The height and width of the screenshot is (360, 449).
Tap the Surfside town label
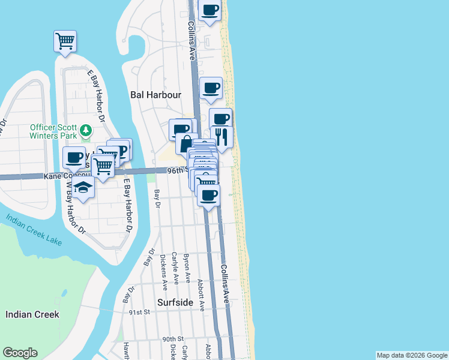[176, 302]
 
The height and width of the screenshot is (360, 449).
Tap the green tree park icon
[86, 130]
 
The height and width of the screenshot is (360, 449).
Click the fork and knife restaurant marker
[221, 137]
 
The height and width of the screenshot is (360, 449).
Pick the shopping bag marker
[186, 144]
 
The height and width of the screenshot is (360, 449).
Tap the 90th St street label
[172, 339]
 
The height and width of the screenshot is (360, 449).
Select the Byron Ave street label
[187, 268]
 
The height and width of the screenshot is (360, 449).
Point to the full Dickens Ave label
[163, 270]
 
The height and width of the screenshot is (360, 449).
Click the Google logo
[20, 353]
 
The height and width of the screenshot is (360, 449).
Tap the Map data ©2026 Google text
[412, 355]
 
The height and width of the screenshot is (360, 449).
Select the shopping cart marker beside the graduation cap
[103, 166]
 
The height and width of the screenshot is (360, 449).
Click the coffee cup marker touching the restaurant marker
[220, 119]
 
